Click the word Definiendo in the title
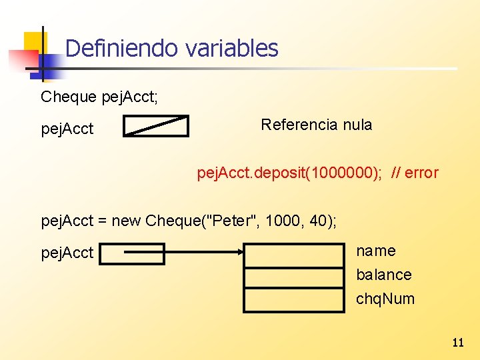pos(122,48)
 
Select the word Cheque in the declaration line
pos(69,97)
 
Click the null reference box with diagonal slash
pos(156,126)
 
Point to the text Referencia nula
pos(316,125)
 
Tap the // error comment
pos(415,173)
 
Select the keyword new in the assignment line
pos(126,221)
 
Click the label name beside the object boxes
pos(376,251)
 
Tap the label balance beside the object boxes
pos(384,275)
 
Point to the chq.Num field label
pos(385,299)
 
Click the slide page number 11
pos(457,343)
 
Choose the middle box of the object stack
pos(294,277)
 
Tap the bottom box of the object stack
pos(294,299)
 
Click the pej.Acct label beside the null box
pos(67,129)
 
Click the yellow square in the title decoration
pos(35,45)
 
